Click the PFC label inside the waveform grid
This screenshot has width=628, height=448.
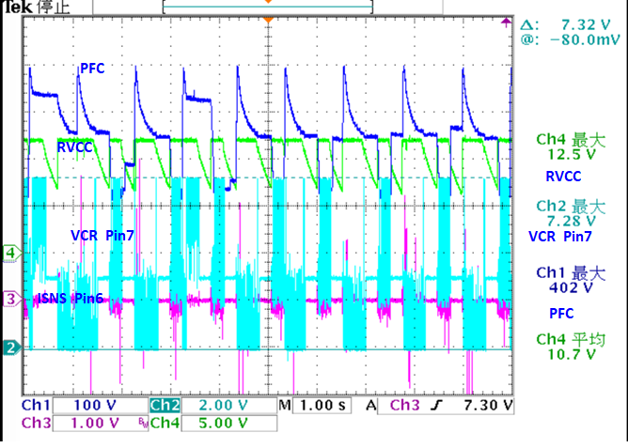pos(93,68)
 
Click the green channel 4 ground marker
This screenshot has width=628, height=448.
pos(10,253)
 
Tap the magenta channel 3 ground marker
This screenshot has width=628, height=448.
pos(10,299)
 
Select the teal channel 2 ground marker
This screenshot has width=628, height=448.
pos(10,348)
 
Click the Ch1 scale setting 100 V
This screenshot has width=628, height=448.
pos(98,406)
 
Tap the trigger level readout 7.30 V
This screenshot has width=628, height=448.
pos(488,406)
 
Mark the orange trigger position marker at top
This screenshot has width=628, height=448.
pos(268,20)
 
